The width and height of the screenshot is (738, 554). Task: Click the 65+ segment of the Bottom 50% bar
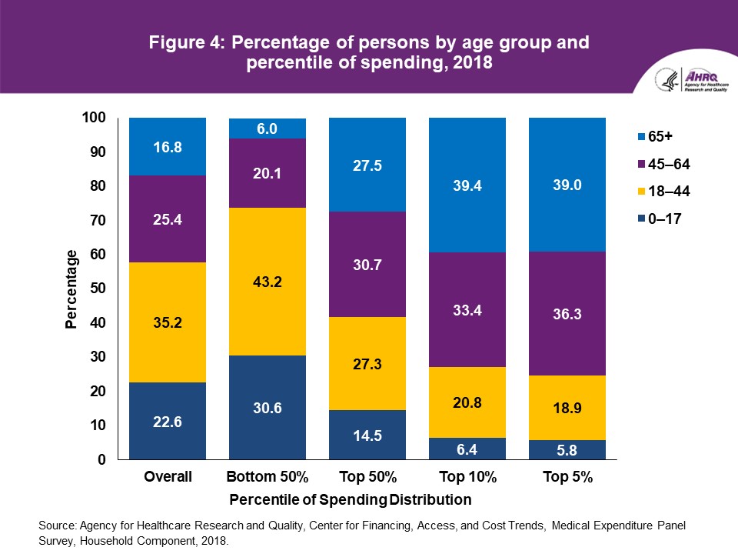268,128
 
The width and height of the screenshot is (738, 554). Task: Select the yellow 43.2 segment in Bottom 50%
268,282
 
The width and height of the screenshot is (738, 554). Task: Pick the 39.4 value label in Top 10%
467,185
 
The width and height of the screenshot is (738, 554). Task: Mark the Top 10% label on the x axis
467,478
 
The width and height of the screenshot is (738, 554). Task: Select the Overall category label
168,478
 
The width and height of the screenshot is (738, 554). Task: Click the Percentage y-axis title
71,289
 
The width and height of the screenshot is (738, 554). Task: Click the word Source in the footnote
56,526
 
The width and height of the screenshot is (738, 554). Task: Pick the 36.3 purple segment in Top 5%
567,313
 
